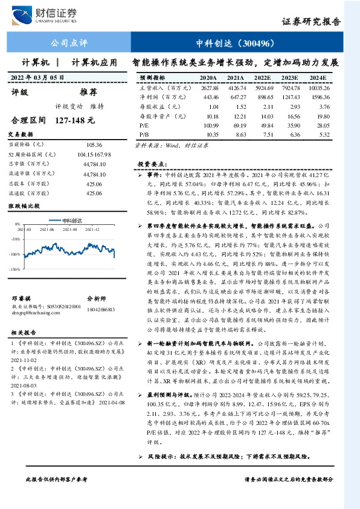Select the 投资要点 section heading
click(x=150, y=164)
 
